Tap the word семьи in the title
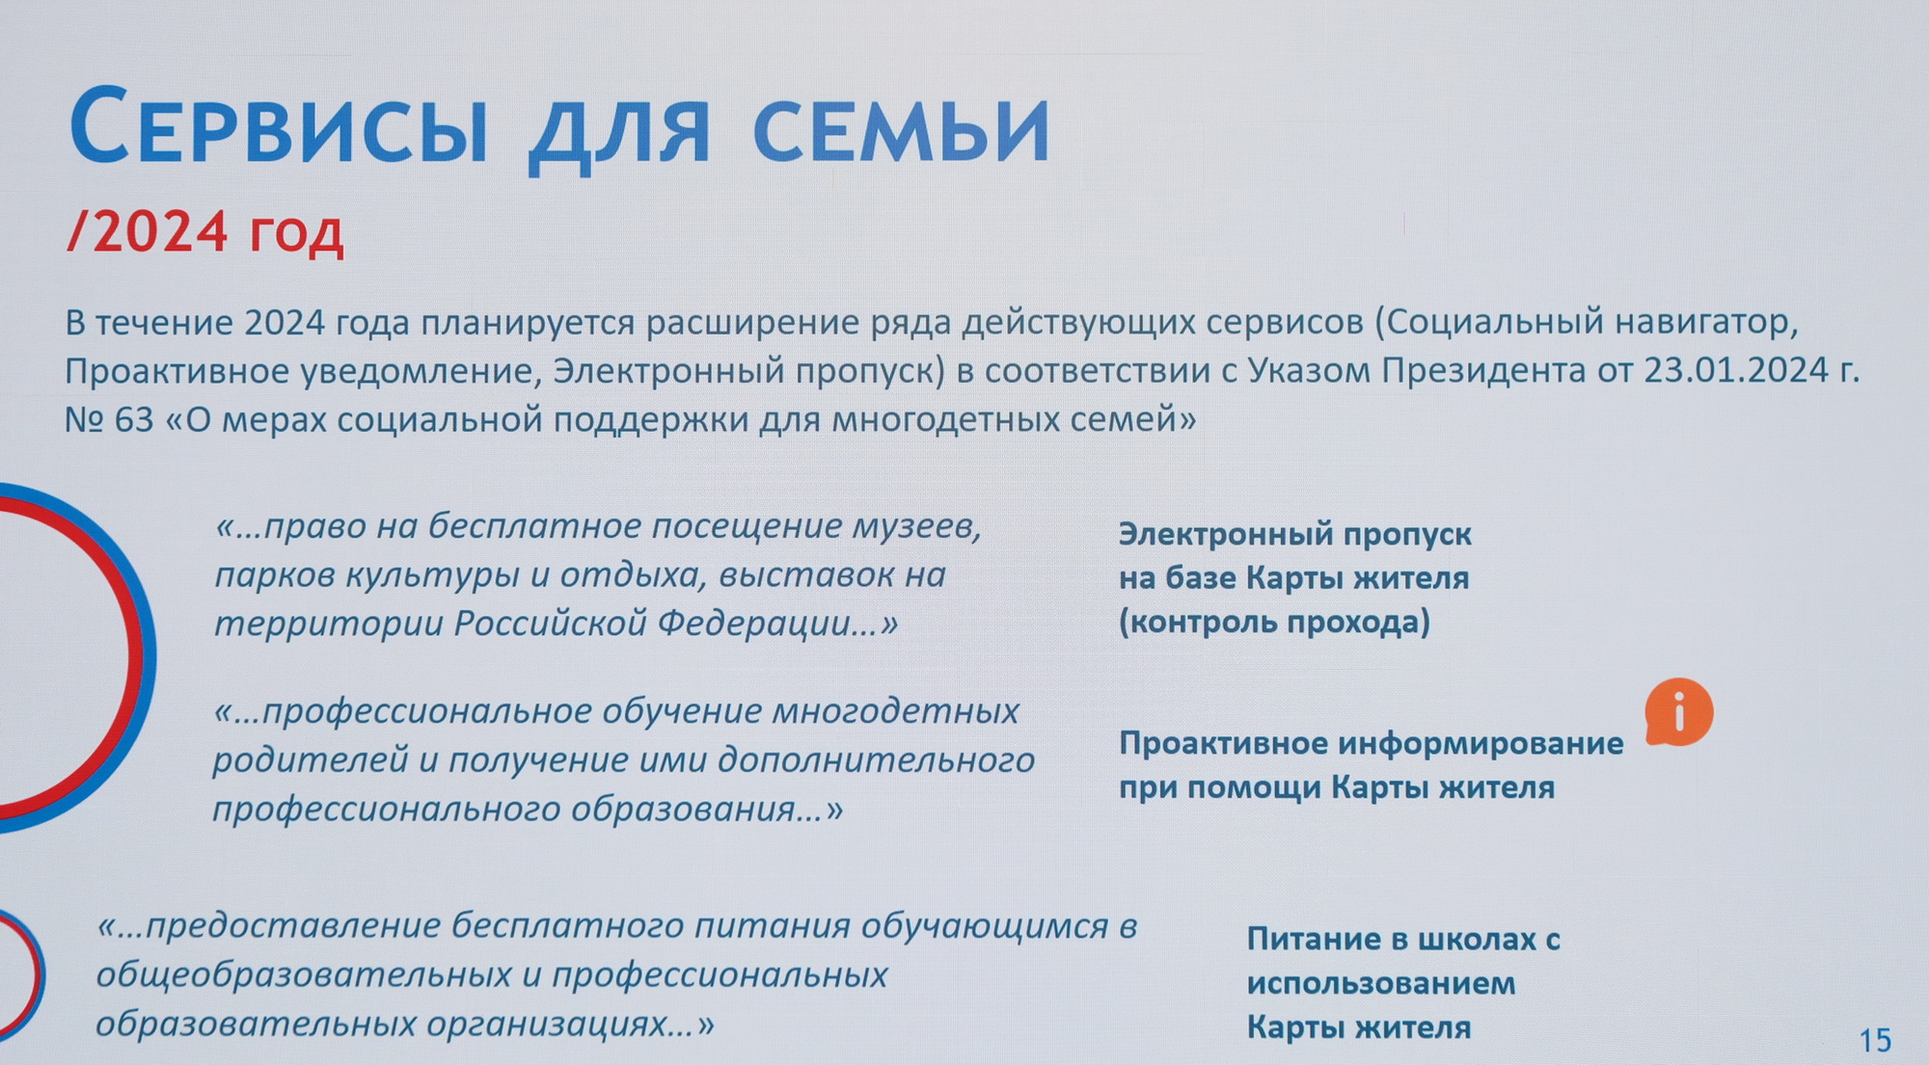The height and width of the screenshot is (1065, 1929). (901, 129)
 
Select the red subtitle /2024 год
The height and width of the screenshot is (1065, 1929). (205, 232)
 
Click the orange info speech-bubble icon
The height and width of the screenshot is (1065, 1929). (1679, 712)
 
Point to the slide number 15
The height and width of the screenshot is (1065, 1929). (1875, 1040)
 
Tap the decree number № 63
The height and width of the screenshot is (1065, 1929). (109, 419)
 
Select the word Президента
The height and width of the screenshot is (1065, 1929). (1483, 370)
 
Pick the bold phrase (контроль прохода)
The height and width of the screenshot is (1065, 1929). (1274, 622)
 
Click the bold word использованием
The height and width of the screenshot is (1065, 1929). (1381, 983)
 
